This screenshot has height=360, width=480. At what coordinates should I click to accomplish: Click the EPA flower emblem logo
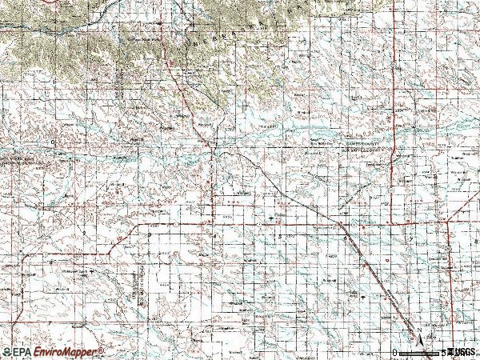tap(6, 352)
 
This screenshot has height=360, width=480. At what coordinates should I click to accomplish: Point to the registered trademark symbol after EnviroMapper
tap(102, 350)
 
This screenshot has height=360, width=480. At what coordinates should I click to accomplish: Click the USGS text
tap(464, 352)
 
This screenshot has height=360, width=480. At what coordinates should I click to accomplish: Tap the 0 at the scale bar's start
tap(395, 352)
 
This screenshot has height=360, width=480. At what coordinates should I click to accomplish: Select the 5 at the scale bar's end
tap(442, 352)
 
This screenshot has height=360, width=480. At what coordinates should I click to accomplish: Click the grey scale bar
tap(418, 352)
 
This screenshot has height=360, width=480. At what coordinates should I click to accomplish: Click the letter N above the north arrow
tap(418, 326)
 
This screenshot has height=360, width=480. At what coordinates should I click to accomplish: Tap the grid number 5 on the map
tap(279, 237)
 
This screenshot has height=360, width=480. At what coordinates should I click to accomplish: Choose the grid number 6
tap(344, 238)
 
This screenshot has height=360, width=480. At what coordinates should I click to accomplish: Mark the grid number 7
tap(409, 238)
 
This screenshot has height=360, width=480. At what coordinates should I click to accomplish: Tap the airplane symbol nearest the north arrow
tap(364, 295)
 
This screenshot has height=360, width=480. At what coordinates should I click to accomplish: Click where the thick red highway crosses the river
tap(211, 144)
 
